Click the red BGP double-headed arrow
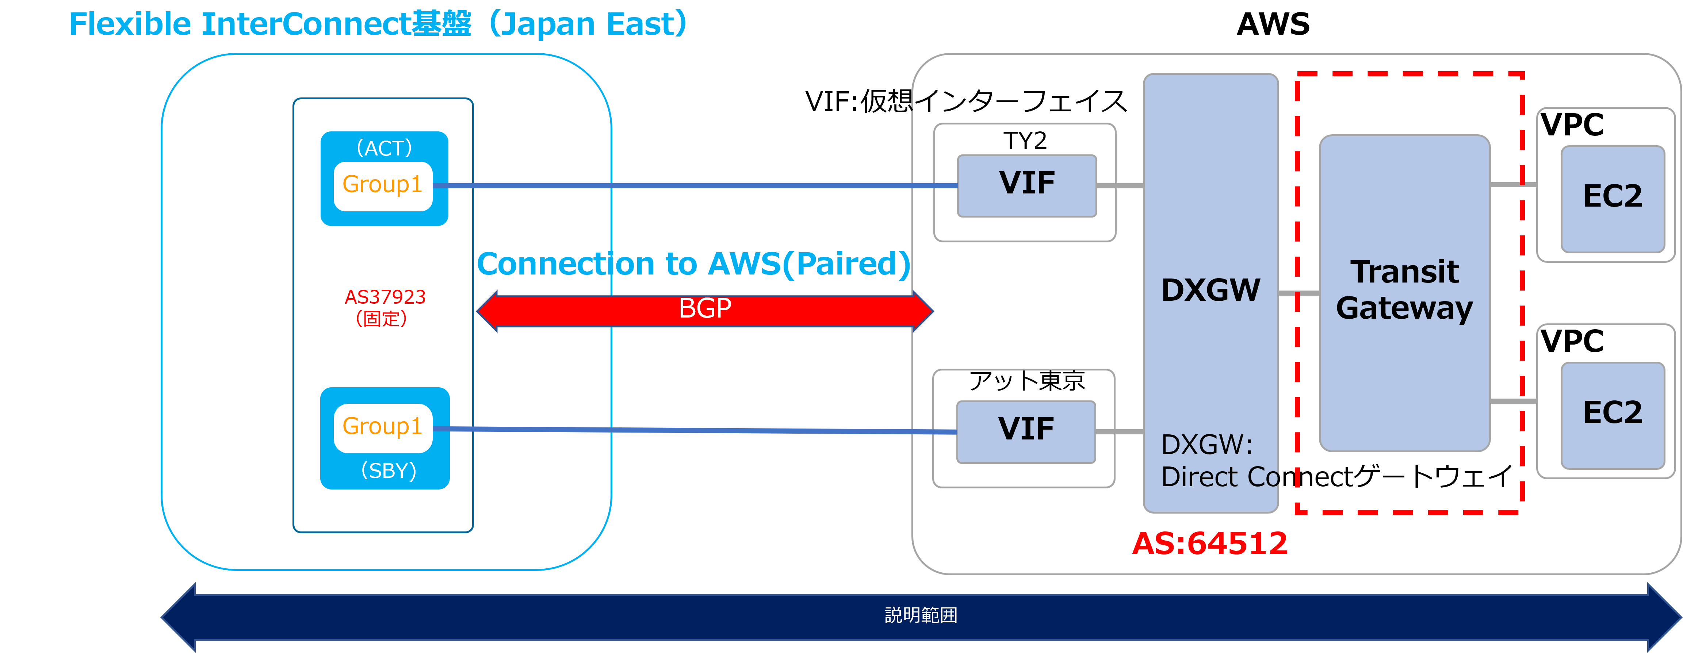tap(705, 311)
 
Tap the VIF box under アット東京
tap(1026, 432)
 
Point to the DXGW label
tap(1210, 290)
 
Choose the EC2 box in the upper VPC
tap(1613, 199)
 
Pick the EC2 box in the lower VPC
tap(1613, 415)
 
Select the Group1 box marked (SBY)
tap(383, 428)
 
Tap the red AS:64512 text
tap(1209, 543)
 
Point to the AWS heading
tap(1273, 24)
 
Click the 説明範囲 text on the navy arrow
tap(921, 615)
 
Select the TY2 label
tap(1025, 141)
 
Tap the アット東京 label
tap(1026, 381)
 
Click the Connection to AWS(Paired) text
tap(693, 264)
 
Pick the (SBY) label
tap(389, 470)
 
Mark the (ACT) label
tap(384, 148)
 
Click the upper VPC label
tap(1572, 125)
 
